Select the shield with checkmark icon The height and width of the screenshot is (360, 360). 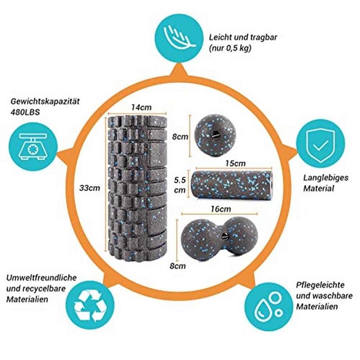click(x=320, y=142)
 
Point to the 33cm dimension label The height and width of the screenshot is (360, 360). click(x=89, y=188)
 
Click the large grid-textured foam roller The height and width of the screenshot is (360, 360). click(x=137, y=188)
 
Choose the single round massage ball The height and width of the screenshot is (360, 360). click(x=216, y=135)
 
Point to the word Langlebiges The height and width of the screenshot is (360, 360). click(x=326, y=178)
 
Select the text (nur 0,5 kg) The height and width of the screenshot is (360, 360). click(x=230, y=49)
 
